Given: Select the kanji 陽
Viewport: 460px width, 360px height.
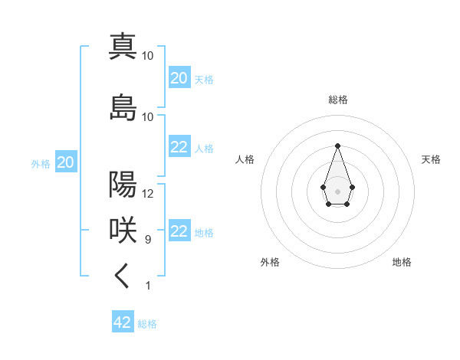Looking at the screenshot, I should [123, 185].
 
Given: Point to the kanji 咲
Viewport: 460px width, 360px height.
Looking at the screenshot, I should [123, 231].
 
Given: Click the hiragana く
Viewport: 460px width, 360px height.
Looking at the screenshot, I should [123, 277].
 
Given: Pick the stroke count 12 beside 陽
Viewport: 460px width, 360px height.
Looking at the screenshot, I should [148, 194].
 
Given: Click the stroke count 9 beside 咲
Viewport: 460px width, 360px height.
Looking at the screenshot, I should [148, 240].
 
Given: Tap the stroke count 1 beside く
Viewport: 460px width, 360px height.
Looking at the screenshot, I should [148, 286].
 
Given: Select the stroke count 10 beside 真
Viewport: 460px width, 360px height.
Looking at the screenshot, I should [148, 55].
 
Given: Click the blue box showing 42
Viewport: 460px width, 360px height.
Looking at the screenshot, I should [123, 322].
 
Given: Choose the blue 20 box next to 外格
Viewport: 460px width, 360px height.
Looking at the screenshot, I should [65, 162].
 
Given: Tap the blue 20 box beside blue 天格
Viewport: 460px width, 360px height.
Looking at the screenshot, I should [179, 78].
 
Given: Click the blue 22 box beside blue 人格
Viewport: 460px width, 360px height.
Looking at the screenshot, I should [179, 147].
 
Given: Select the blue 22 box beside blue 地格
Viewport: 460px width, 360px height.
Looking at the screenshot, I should [179, 231].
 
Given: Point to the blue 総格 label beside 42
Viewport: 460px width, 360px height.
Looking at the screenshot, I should [147, 324].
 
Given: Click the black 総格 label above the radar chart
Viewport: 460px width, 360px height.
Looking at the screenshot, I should [338, 100].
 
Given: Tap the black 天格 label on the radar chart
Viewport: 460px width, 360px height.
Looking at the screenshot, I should [431, 159].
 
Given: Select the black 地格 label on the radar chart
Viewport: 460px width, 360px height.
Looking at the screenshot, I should [402, 263].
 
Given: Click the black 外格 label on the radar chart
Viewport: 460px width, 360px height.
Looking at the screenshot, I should [270, 263].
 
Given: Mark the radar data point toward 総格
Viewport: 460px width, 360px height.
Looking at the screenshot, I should [337, 145].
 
